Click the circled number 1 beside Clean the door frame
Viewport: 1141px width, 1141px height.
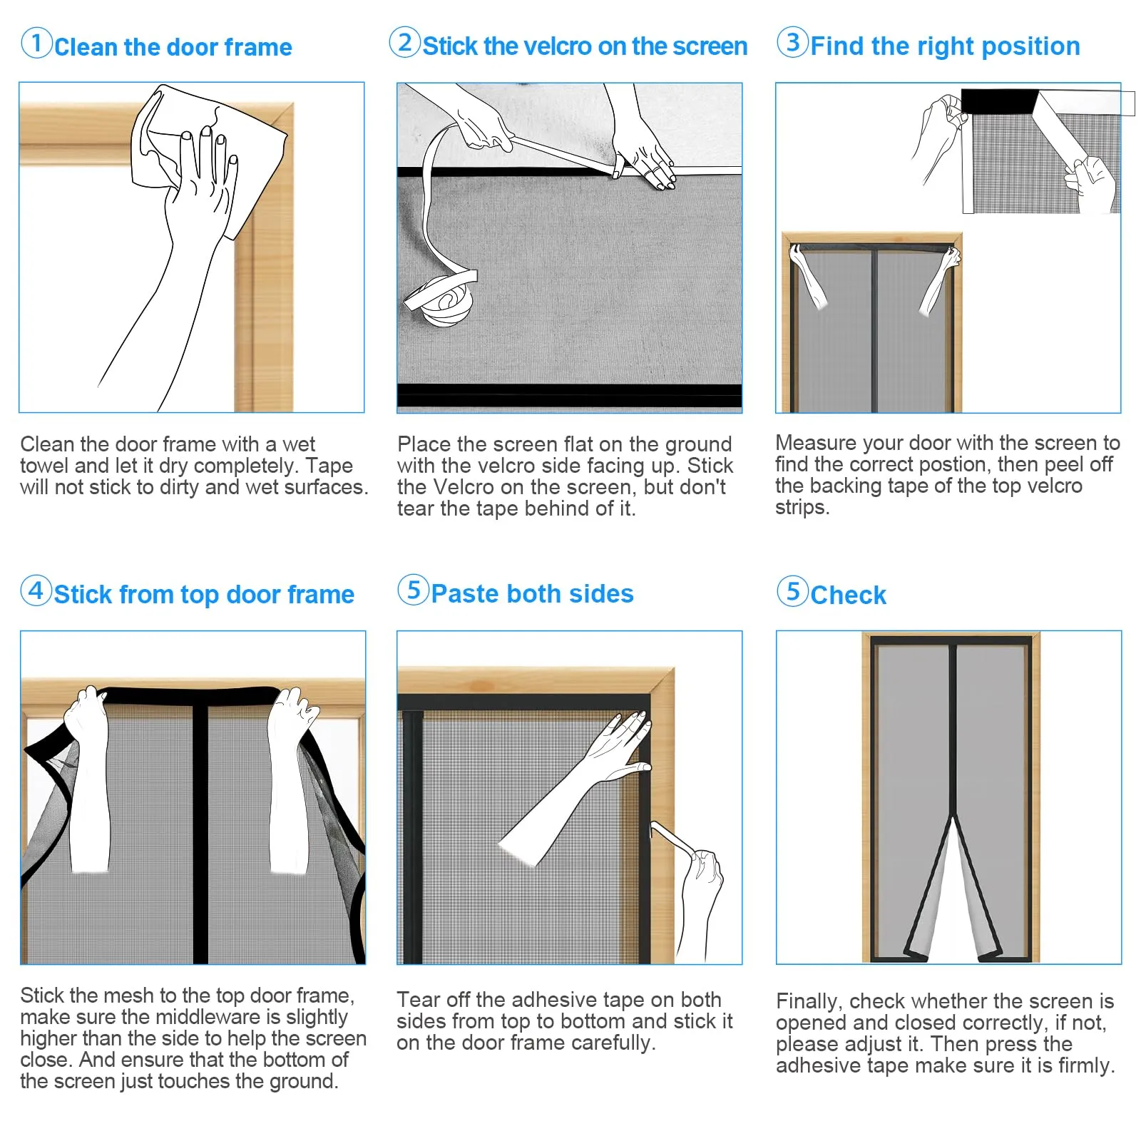click(x=36, y=43)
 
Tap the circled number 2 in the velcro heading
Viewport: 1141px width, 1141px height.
click(x=405, y=42)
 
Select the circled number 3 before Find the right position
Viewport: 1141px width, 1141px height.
click(x=792, y=42)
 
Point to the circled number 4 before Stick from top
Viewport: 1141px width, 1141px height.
click(x=36, y=590)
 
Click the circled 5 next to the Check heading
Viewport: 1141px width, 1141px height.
click(x=792, y=591)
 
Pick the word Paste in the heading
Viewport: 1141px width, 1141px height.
click(x=466, y=593)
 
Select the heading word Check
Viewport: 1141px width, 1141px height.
click(x=848, y=595)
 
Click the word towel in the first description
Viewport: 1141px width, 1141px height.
click(x=44, y=466)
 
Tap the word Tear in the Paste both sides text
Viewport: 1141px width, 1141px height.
click(x=416, y=1000)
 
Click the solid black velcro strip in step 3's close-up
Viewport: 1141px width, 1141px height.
click(x=998, y=101)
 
